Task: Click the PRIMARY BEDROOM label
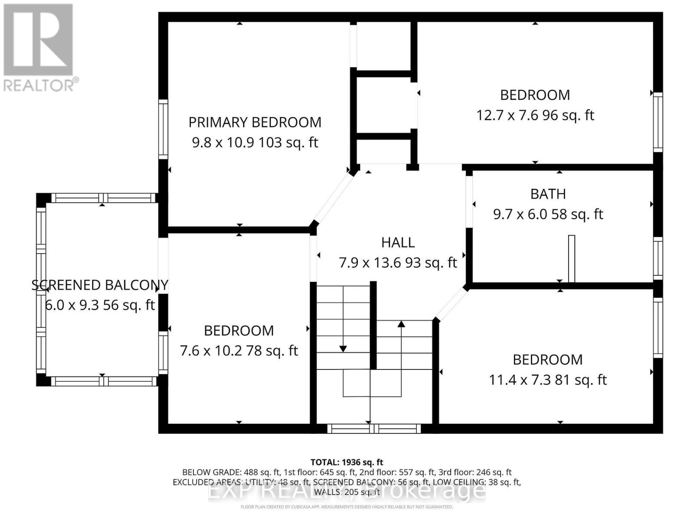[255, 122]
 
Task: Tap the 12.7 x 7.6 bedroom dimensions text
[535, 115]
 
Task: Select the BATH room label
[548, 194]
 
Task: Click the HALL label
[398, 243]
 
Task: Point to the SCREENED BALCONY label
[100, 285]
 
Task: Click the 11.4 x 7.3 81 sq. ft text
[547, 380]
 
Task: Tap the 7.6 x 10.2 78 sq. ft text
[239, 351]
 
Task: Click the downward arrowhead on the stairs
[343, 349]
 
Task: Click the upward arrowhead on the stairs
[401, 324]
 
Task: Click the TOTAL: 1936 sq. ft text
[347, 462]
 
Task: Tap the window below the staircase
[374, 429]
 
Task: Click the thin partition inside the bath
[571, 259]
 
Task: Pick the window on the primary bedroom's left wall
[163, 129]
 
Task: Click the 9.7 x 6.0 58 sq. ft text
[548, 214]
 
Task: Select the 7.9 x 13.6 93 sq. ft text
[398, 263]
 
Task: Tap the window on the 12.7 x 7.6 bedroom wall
[658, 122]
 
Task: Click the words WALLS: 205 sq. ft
[347, 492]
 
